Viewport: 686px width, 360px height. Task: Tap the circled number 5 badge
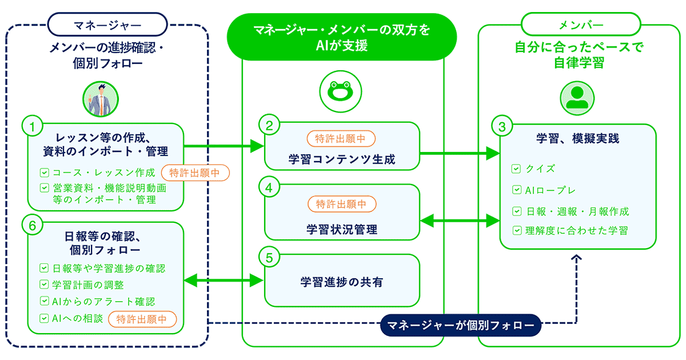[x=269, y=257]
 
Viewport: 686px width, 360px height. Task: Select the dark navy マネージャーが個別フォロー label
[x=460, y=326]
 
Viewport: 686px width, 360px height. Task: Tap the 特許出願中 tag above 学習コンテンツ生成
[x=341, y=138]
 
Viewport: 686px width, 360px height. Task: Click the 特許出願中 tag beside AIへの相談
[x=142, y=319]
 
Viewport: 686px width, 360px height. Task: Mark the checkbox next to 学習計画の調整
[x=44, y=285]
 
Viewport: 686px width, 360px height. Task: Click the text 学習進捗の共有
[x=341, y=282]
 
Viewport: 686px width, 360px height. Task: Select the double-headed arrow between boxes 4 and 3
[x=460, y=219]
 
